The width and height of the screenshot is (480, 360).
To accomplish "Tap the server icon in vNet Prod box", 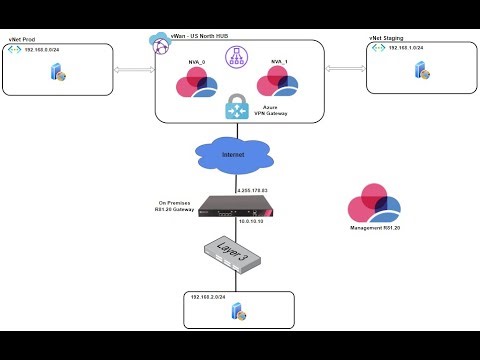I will coord(62,74).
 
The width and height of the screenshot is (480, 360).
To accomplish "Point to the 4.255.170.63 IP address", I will coord(256,188).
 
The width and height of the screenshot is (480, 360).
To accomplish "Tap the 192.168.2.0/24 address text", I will coord(213,298).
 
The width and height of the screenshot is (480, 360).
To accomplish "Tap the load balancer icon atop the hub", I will coord(240,58).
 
